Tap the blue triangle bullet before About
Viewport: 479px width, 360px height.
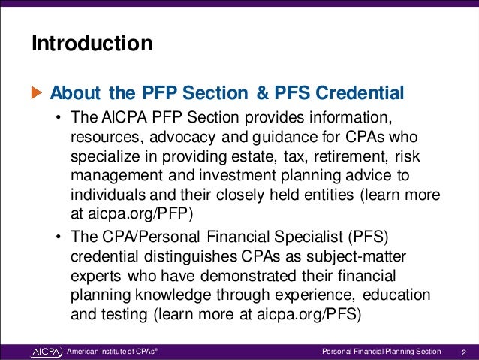[38, 94]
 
